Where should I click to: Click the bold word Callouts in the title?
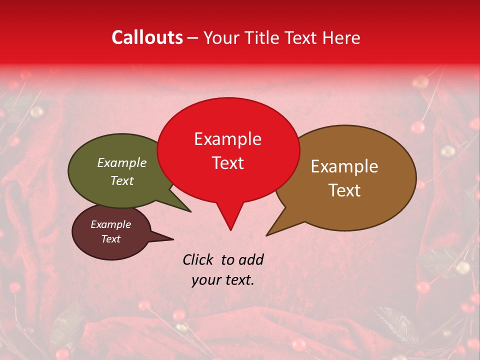pyautogui.click(x=147, y=37)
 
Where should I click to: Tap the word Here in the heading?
pyautogui.click(x=342, y=37)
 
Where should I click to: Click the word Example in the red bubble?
pyautogui.click(x=227, y=138)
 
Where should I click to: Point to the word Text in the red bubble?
pyautogui.click(x=228, y=163)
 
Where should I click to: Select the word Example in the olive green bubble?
pyautogui.click(x=122, y=162)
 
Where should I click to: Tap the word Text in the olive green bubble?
pyautogui.click(x=122, y=180)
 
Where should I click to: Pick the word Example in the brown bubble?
pyautogui.click(x=344, y=166)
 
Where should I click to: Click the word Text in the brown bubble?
pyautogui.click(x=344, y=190)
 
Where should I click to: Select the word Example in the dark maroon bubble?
pyautogui.click(x=111, y=224)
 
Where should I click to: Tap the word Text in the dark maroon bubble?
pyautogui.click(x=111, y=239)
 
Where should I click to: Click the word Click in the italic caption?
pyautogui.click(x=198, y=259)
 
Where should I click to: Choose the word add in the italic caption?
pyautogui.click(x=251, y=259)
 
